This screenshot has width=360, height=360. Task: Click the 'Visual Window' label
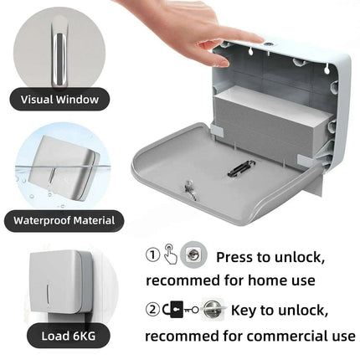point(59,100)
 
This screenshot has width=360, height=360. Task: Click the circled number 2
point(152,311)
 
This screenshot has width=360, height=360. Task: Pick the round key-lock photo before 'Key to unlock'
point(213,309)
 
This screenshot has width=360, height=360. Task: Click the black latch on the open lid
point(241,170)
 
